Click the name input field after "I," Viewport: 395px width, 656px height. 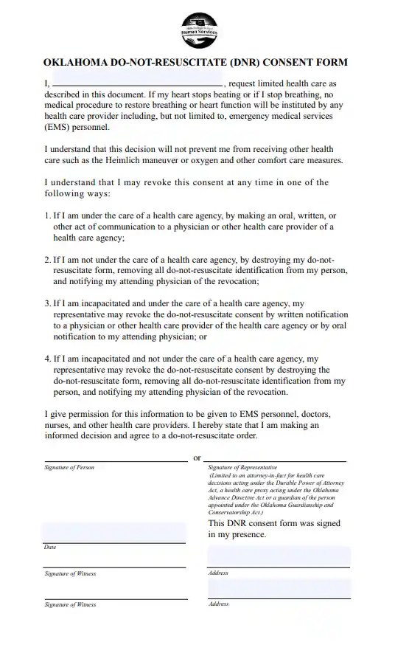(136, 83)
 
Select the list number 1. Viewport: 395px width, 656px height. (46, 216)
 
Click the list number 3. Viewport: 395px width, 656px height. (46, 303)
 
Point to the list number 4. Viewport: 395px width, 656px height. (46, 359)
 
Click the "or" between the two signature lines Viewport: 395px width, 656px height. (197, 458)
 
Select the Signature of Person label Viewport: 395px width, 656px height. (69, 468)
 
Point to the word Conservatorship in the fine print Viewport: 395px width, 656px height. (234, 512)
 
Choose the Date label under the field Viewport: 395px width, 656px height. (50, 548)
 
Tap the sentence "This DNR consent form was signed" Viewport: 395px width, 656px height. (274, 523)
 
